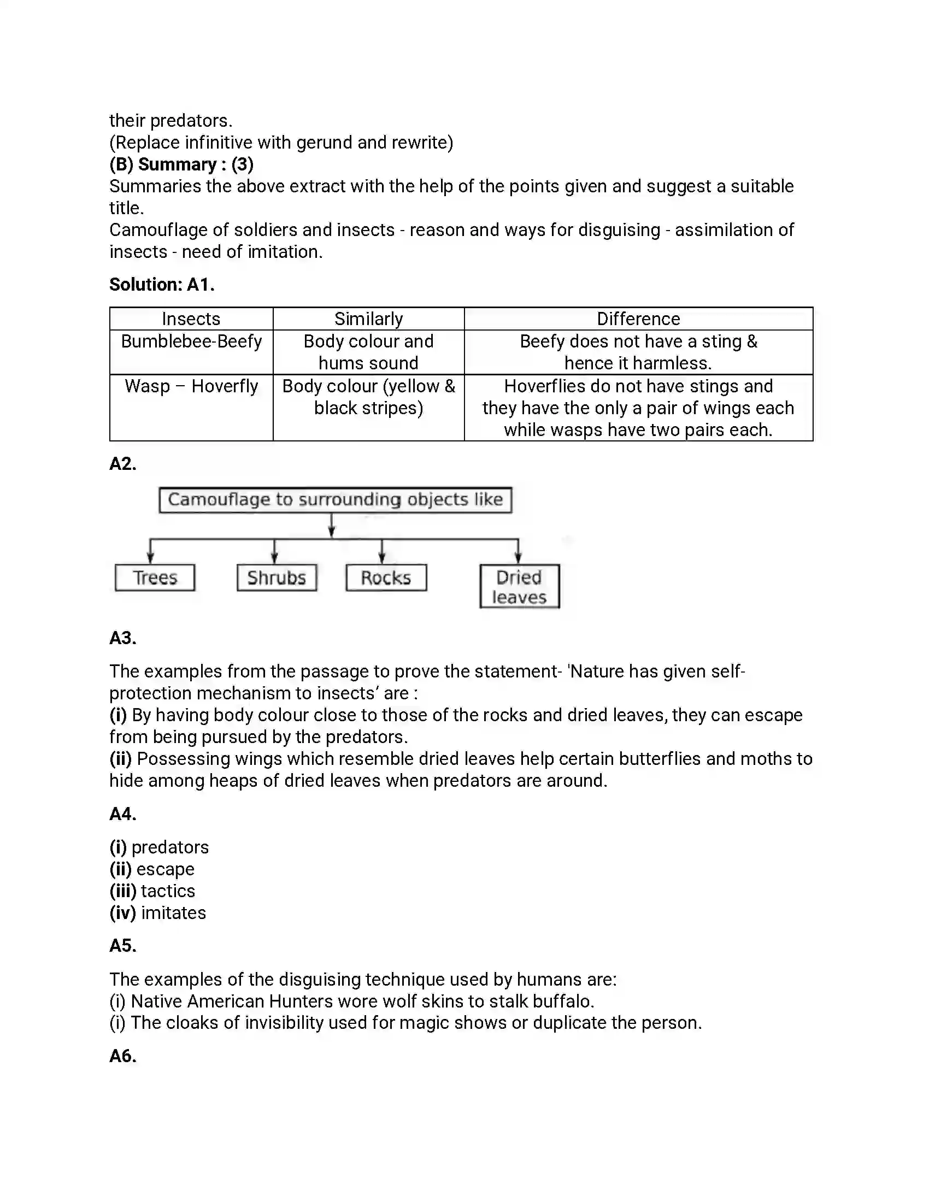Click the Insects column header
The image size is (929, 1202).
click(x=191, y=319)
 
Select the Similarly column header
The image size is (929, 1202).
click(x=368, y=319)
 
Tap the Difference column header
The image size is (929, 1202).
click(x=638, y=319)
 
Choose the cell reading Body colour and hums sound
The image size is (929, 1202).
click(x=368, y=352)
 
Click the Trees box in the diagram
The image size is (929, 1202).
click(x=155, y=578)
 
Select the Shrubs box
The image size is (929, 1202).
click(x=277, y=578)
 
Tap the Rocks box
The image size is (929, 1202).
click(x=386, y=578)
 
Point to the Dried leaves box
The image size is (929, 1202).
click(x=519, y=587)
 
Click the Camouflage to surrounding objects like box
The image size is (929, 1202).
click(x=335, y=500)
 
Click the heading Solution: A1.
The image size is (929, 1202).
click(x=162, y=285)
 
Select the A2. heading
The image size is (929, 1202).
click(x=123, y=464)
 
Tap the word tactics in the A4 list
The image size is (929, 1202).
click(x=168, y=891)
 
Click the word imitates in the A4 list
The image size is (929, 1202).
click(x=173, y=913)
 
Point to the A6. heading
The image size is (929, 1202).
click(x=123, y=1056)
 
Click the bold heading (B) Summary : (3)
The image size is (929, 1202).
click(x=181, y=164)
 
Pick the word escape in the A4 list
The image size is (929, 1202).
click(x=165, y=869)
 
